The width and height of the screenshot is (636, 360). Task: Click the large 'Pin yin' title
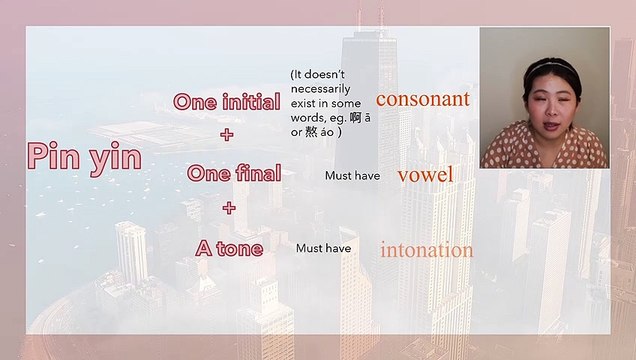point(84,156)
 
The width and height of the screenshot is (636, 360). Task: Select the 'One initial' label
point(226,102)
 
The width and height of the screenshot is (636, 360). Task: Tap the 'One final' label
point(234,173)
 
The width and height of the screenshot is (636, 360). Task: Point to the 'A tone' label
point(230,247)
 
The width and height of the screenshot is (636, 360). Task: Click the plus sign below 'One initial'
point(227,134)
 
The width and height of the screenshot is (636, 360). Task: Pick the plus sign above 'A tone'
point(229,209)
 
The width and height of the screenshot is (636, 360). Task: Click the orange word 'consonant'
point(422,99)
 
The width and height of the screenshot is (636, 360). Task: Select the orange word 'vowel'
point(425,175)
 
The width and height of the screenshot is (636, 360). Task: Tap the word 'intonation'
point(426,250)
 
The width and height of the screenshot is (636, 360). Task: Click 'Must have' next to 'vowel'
point(352,176)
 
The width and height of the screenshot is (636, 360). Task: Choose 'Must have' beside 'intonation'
point(323,248)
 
